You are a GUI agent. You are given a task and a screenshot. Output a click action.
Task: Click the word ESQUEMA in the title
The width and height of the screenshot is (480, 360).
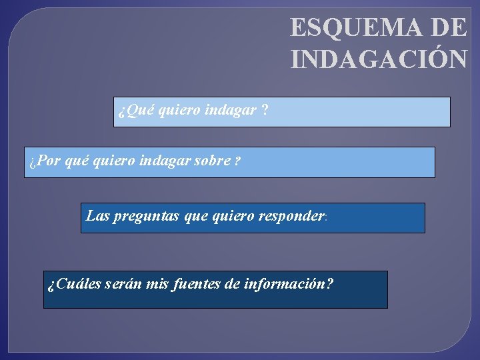[x=357, y=27]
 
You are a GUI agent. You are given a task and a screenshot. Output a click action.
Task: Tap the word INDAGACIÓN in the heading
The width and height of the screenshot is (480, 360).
[x=379, y=59]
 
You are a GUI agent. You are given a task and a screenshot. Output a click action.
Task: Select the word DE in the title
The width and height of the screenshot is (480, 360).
[x=449, y=27]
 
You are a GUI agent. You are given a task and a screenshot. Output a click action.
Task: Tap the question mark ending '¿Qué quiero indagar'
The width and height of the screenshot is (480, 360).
[x=266, y=110]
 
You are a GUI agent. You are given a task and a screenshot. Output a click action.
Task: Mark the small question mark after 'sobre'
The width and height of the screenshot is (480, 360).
[x=237, y=161]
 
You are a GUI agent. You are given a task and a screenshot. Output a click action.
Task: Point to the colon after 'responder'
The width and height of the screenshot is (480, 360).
[x=325, y=217]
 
